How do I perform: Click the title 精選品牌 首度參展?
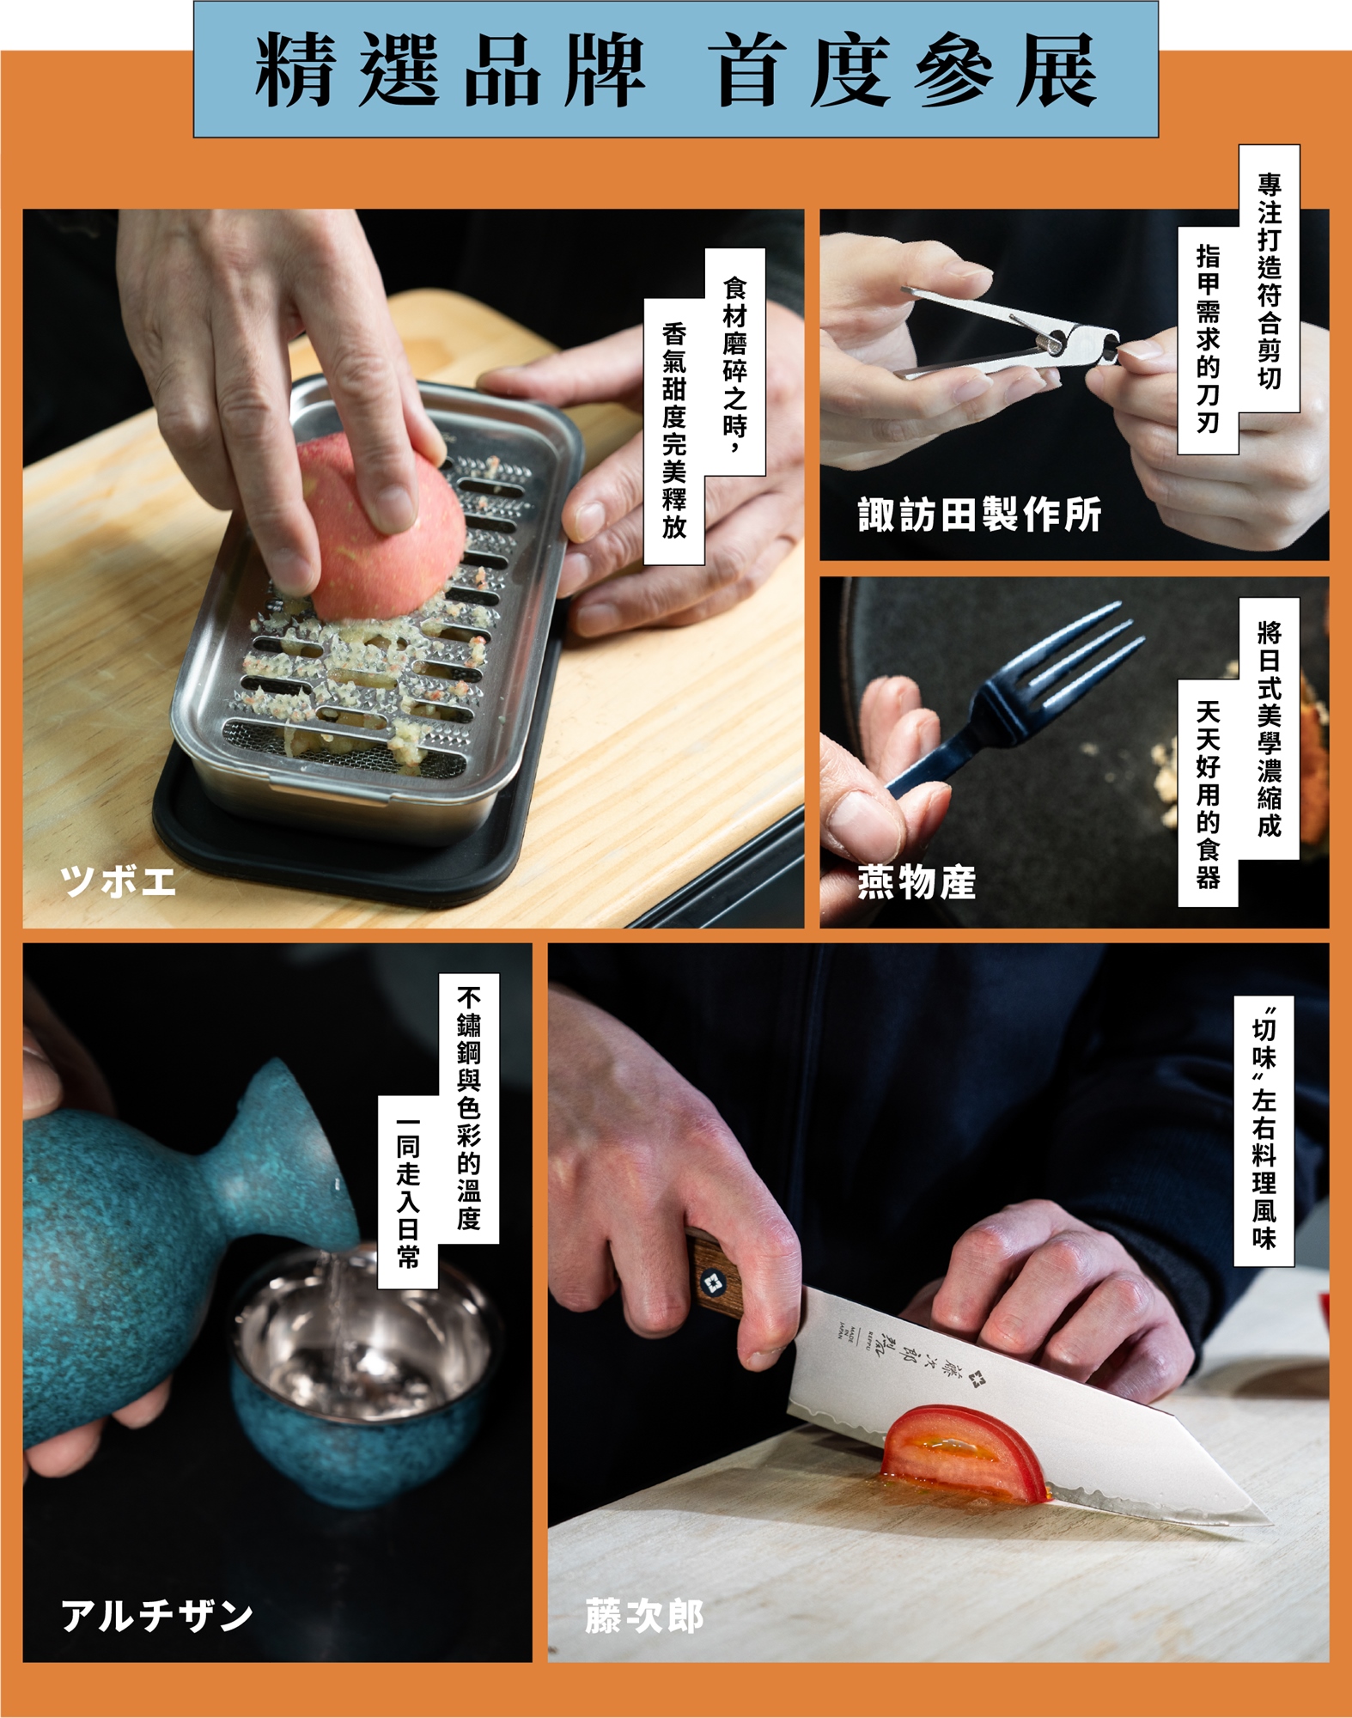(676, 70)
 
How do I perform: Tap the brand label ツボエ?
(119, 881)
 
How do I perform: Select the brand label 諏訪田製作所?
(979, 515)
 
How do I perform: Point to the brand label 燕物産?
(917, 882)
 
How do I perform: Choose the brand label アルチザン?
(157, 1616)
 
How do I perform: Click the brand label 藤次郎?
(644, 1616)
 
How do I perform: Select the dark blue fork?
(1014, 696)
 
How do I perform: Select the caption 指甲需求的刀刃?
(1208, 339)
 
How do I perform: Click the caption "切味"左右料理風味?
(1264, 1130)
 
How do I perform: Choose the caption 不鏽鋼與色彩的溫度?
(469, 1108)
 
